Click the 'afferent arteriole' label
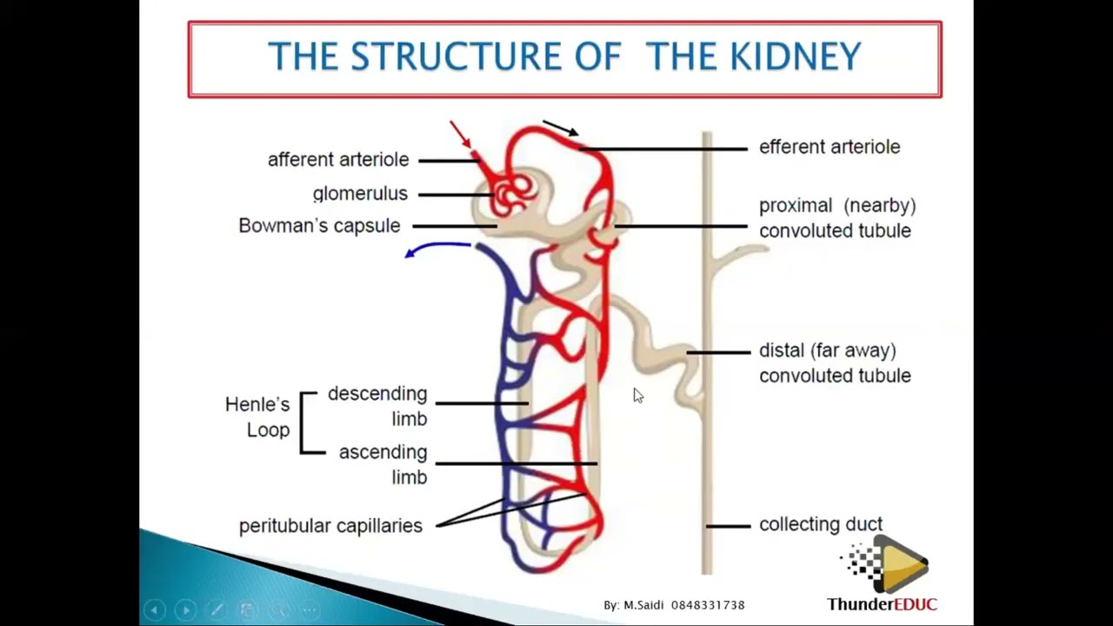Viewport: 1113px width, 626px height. (x=337, y=160)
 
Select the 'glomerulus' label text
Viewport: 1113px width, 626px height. (x=360, y=194)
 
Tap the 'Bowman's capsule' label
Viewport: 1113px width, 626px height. (x=319, y=226)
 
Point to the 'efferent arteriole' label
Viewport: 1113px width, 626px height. (x=829, y=147)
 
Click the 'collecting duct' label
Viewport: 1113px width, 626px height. (x=820, y=524)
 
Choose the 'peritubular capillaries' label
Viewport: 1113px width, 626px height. (x=330, y=526)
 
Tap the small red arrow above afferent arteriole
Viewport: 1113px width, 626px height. (x=461, y=135)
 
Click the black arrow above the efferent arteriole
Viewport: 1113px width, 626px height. (x=561, y=129)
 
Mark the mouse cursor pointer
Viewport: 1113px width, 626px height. (x=638, y=396)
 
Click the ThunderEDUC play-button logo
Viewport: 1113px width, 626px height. (x=896, y=565)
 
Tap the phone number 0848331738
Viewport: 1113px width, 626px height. (x=708, y=605)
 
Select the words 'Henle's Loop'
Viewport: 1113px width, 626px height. (x=257, y=417)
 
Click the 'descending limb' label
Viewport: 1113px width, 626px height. (x=378, y=406)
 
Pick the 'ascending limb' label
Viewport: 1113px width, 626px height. (x=383, y=464)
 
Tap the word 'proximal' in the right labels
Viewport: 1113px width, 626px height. (x=796, y=206)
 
